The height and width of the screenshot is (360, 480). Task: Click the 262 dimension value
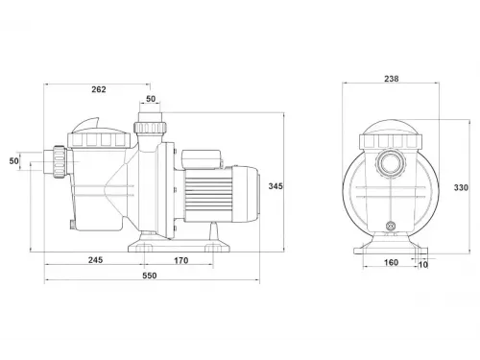[99, 89]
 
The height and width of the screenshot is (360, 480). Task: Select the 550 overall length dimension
[150, 276]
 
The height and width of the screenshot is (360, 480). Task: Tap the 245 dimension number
[95, 260]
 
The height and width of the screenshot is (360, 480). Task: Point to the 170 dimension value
[181, 261]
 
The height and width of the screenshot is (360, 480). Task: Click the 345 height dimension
[276, 186]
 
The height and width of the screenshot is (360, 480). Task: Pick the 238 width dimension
[392, 79]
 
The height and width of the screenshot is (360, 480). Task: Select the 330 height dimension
[461, 188]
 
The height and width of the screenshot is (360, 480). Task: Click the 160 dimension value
[391, 263]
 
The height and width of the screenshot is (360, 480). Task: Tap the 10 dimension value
[423, 265]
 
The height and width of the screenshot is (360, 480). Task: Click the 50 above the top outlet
[151, 99]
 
